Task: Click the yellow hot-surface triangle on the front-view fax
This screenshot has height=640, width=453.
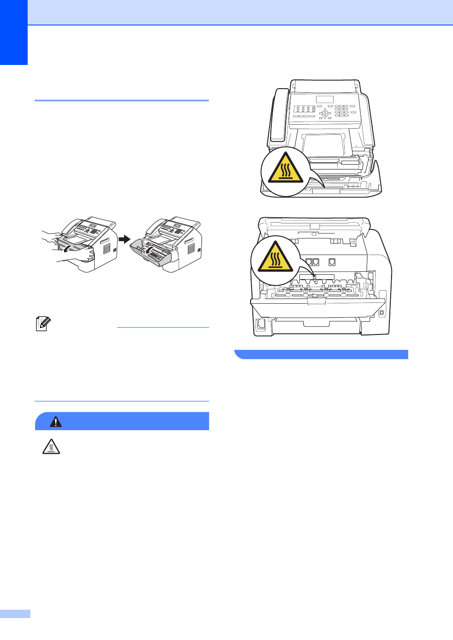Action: point(286,169)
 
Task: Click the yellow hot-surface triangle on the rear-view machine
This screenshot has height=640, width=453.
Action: point(275,258)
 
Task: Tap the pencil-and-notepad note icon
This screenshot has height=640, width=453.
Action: point(43,324)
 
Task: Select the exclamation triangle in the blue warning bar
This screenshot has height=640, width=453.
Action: point(56,422)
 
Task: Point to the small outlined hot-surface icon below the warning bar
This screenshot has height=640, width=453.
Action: point(51,447)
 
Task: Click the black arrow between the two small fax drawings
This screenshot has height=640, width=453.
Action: point(125,239)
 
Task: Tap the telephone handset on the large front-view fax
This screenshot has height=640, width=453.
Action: point(278,115)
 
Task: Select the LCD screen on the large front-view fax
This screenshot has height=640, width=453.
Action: point(325,100)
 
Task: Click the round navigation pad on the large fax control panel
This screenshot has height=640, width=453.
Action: point(325,113)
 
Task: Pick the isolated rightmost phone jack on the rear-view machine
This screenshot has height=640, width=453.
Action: point(332,262)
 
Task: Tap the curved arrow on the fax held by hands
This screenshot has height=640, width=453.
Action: point(67,249)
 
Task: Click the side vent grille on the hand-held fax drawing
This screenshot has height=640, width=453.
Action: point(107,248)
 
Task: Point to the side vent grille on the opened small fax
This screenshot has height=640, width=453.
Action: point(191,248)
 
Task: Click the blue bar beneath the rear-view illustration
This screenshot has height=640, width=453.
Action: point(321,354)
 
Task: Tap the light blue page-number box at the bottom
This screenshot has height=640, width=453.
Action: point(15,614)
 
